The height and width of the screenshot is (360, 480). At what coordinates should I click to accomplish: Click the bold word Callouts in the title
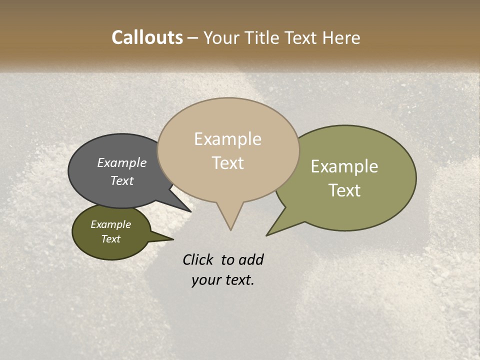(147, 37)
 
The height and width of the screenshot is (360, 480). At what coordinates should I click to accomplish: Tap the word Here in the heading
(341, 37)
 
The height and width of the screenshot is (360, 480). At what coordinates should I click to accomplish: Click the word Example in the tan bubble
(227, 139)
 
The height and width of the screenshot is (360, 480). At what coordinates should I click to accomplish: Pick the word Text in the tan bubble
(228, 162)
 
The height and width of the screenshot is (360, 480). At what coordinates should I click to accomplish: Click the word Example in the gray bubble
(121, 162)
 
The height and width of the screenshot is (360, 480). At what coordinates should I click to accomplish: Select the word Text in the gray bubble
(121, 180)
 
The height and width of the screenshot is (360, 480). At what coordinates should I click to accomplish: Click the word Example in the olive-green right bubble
(344, 166)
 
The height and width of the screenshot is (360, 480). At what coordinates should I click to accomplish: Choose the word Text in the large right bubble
(344, 190)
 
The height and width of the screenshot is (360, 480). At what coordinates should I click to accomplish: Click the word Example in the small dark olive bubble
(110, 224)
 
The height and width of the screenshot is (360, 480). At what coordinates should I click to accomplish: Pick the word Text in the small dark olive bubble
(110, 239)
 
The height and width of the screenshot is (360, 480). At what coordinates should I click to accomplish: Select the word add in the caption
(251, 259)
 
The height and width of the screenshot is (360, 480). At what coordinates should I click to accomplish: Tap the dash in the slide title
(193, 38)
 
